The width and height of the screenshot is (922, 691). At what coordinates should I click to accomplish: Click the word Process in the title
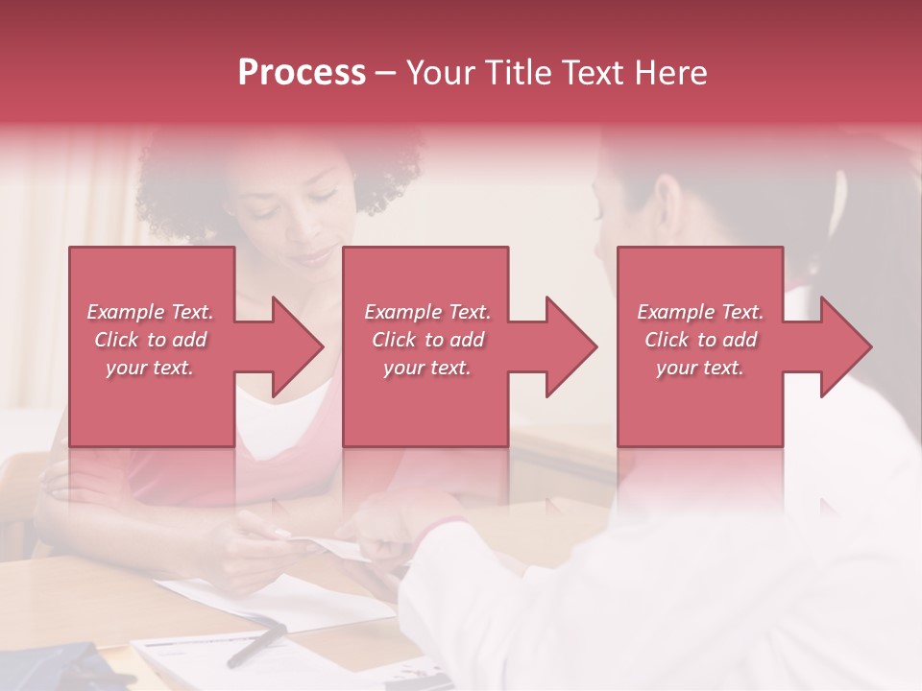point(302,73)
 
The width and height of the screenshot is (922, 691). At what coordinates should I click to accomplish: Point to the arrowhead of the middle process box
point(571,346)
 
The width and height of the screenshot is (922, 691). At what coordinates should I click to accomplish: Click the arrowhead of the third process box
point(845,346)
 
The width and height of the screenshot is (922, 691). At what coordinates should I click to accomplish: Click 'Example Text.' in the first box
point(150,312)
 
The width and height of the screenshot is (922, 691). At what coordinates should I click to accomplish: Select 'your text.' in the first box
point(150,368)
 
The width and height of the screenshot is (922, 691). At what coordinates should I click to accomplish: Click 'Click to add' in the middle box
point(427,340)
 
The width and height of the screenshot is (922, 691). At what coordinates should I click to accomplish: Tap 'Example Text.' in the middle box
point(427,312)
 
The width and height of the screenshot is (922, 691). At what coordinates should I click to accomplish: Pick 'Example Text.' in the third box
point(700,312)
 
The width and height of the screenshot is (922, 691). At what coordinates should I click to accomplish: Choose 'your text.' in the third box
point(700,368)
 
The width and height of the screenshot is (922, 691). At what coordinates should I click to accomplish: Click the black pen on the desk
point(255,644)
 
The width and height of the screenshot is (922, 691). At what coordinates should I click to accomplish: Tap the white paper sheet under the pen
point(288,605)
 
